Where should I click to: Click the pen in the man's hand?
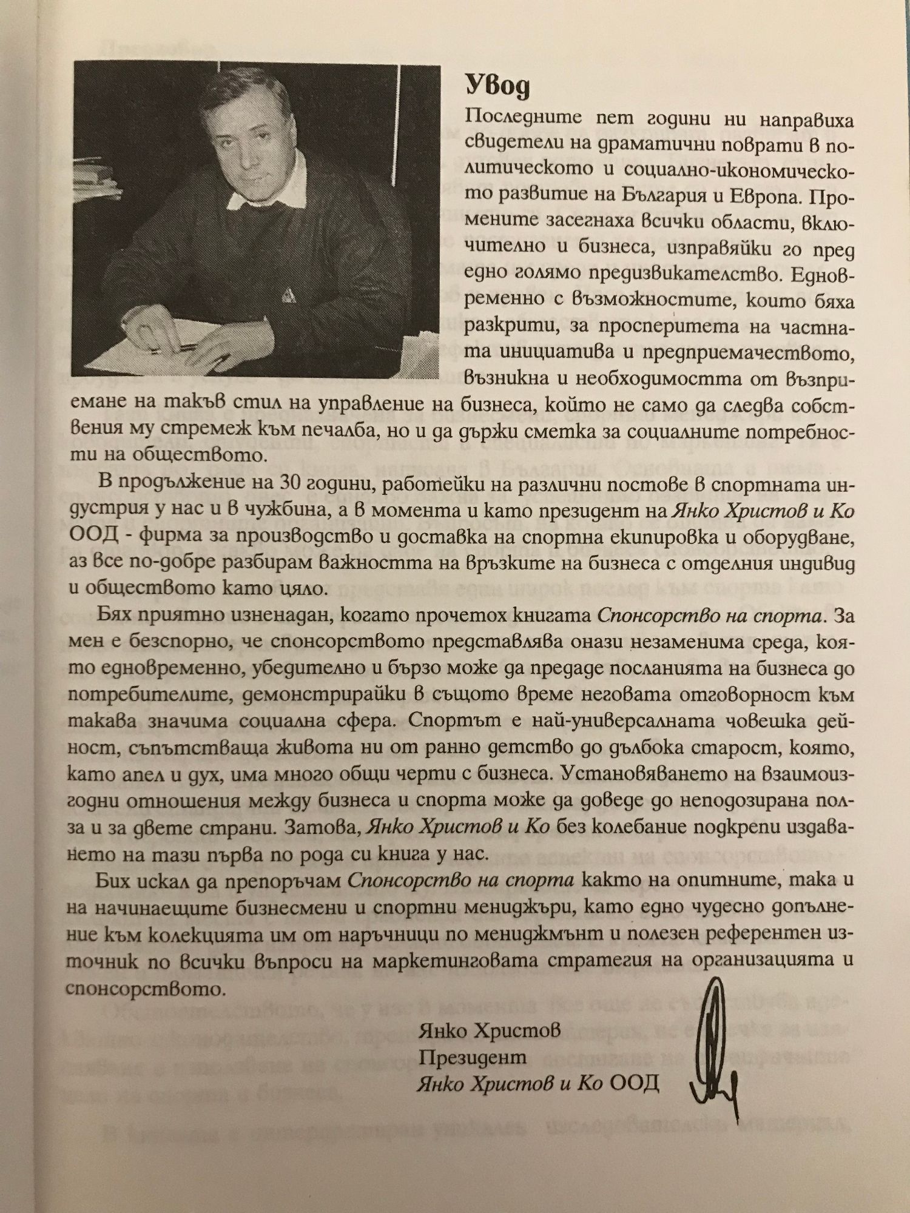176,348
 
